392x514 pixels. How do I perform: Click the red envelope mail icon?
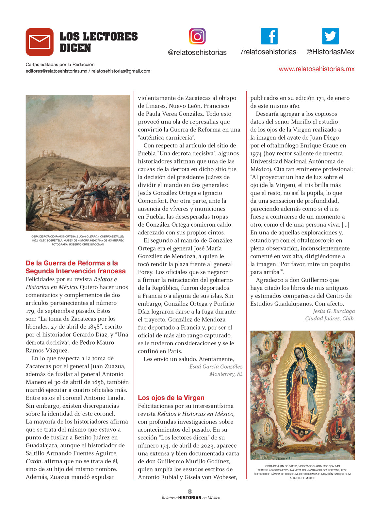[x=40, y=42]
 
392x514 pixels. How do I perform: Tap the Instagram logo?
[x=197, y=36]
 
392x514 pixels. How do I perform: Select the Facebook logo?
[x=269, y=36]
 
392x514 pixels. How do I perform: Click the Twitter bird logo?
[x=330, y=36]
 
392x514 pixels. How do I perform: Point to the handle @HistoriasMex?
[x=330, y=52]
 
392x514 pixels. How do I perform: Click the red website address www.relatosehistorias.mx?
[x=316, y=69]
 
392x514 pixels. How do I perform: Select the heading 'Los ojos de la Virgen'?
[x=171, y=398]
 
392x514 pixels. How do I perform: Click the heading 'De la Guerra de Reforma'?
[x=72, y=263]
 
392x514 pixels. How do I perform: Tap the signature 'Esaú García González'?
[x=216, y=367]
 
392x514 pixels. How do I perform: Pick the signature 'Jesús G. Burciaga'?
[x=334, y=311]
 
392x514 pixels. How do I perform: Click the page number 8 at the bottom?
[x=190, y=491]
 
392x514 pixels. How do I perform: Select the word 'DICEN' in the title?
[x=75, y=48]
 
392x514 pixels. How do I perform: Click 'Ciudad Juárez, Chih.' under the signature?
[x=330, y=318]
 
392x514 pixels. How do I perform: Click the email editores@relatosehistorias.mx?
[x=57, y=71]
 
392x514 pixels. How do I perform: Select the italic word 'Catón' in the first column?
[x=34, y=461]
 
